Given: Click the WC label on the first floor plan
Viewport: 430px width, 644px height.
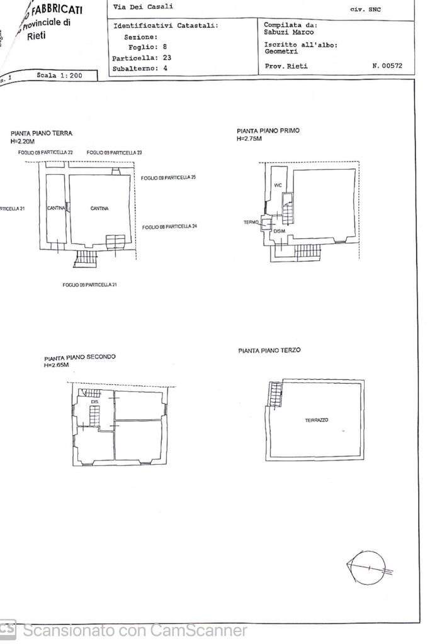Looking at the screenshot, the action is tap(278, 185).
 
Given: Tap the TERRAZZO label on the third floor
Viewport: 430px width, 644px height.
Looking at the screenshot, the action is tap(317, 420).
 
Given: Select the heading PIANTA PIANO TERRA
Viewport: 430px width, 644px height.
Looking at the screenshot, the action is tap(42, 133).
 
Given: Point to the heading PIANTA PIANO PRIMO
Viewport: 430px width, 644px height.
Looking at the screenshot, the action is tap(268, 131).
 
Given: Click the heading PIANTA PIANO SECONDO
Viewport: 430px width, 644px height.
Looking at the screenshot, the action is tap(80, 357).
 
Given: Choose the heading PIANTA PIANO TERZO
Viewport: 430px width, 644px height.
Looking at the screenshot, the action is tap(269, 350).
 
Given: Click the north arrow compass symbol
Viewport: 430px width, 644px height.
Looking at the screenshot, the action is tap(368, 568).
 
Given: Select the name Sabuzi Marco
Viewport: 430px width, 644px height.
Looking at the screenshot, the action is tap(288, 31).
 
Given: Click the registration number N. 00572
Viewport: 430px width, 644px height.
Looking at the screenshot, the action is tap(387, 66).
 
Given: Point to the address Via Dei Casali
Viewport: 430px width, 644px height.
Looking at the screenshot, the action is tap(143, 7).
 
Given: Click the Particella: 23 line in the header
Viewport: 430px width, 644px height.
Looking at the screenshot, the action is tap(142, 57).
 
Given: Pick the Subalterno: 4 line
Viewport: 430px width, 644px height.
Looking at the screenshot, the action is tap(140, 68).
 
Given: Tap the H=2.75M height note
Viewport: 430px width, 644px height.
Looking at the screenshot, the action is tap(249, 138).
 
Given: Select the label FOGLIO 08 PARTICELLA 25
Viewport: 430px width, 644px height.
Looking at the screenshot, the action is tap(169, 178).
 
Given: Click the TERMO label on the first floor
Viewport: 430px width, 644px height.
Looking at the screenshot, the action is tap(251, 222).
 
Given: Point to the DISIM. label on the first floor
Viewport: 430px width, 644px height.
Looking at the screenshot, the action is tap(280, 231).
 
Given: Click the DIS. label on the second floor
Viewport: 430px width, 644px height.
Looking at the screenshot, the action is tap(95, 401).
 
